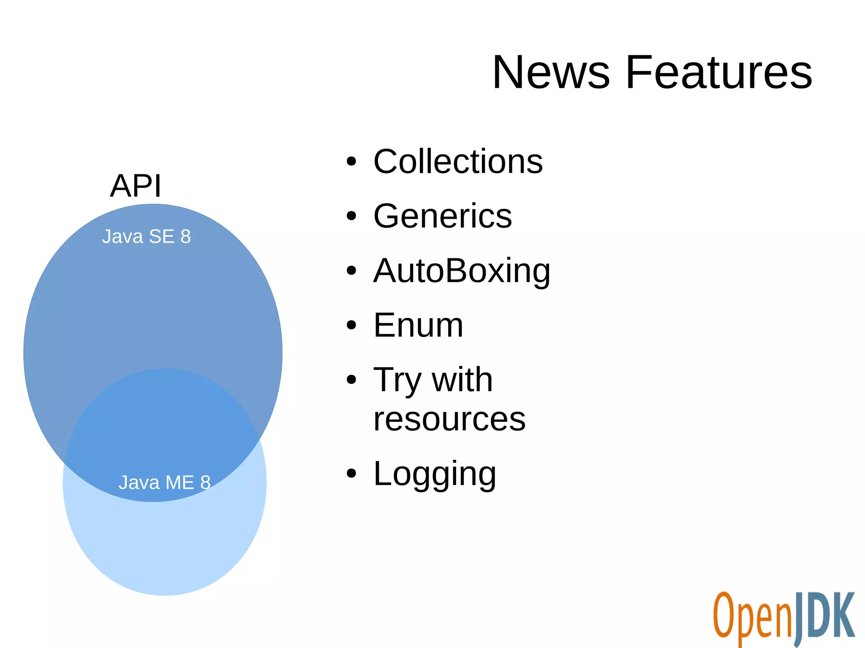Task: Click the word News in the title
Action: coord(551,73)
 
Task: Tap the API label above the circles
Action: coord(136,186)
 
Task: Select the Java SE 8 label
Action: coord(146,236)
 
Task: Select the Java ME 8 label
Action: coord(164,483)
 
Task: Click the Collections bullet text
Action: coord(458,162)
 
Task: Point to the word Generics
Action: coord(443,216)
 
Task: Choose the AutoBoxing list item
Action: coord(462,271)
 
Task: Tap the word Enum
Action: coord(418,325)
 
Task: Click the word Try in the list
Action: coord(397,380)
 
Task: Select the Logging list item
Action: coord(435,474)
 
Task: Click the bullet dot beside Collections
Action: coord(351,162)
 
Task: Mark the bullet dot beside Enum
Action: coord(351,325)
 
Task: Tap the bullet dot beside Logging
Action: coord(351,474)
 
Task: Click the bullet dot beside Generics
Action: coord(351,216)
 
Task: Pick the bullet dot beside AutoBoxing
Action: coord(351,271)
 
